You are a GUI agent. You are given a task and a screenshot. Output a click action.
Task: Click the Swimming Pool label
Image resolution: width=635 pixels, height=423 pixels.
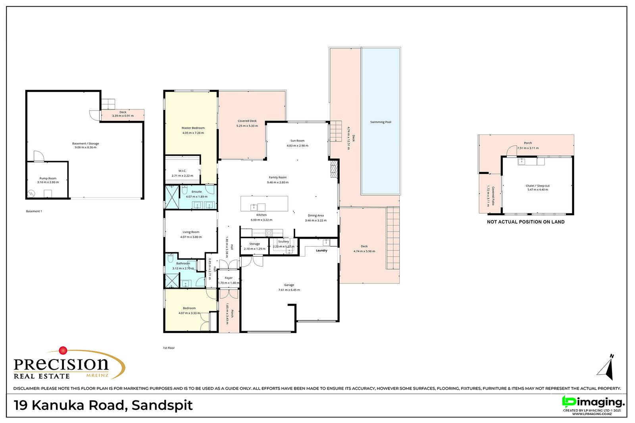coord(380,122)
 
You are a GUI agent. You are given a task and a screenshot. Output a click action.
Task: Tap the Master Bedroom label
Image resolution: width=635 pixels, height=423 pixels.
coord(193,128)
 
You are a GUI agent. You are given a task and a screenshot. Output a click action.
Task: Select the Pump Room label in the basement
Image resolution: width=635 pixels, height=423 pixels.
coord(48,178)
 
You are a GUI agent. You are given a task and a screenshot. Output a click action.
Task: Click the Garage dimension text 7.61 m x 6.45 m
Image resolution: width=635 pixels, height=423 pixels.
coord(289,290)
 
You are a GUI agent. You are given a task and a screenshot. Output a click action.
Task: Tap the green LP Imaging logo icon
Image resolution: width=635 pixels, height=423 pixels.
coord(568,402)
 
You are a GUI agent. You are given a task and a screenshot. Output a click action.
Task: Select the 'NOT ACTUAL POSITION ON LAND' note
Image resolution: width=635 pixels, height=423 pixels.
coord(525,222)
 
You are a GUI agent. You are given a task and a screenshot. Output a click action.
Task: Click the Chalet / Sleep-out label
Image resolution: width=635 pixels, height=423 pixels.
coord(537,186)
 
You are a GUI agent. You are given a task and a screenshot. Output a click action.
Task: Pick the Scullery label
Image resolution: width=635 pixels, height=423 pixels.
coord(283,241)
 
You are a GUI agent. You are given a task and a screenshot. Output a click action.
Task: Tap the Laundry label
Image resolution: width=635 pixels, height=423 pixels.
coord(321,251)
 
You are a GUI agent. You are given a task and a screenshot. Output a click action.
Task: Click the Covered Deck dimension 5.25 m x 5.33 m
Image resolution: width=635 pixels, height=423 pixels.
coord(247,126)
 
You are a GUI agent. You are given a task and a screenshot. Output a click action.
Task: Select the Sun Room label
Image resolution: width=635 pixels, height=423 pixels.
coord(297,141)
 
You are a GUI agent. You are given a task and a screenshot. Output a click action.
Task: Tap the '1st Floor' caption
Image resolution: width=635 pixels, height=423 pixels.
coord(169,348)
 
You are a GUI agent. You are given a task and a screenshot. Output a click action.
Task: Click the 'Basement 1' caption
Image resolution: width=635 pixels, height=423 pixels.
coord(34,211)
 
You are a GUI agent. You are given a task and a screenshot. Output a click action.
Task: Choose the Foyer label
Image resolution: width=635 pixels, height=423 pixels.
coord(229,278)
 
